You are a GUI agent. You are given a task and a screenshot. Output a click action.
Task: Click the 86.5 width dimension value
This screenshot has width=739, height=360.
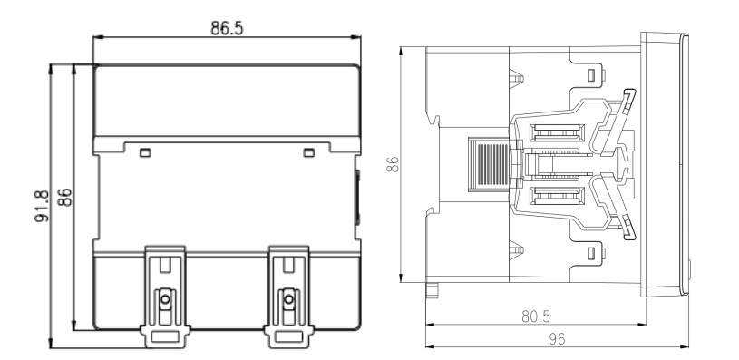click(x=227, y=28)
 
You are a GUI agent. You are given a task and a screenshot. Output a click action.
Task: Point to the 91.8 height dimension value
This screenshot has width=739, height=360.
click(x=42, y=206)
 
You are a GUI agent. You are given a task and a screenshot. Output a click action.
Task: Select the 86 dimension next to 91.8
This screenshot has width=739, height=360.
click(x=64, y=197)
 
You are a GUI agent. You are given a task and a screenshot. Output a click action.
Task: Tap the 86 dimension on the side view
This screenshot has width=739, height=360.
click(x=392, y=164)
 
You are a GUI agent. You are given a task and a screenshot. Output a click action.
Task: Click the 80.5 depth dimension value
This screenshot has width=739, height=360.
click(x=536, y=316)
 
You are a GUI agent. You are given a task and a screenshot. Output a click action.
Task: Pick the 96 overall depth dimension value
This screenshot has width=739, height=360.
click(x=557, y=339)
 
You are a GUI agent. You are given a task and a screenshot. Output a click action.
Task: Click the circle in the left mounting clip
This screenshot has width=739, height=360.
click(x=165, y=299)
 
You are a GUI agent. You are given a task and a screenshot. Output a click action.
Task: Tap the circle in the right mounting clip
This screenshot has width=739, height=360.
click(x=289, y=299)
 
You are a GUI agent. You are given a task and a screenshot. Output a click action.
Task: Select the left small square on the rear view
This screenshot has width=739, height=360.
click(x=145, y=152)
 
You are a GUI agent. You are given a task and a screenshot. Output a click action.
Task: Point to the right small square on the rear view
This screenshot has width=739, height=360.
click(x=308, y=152)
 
